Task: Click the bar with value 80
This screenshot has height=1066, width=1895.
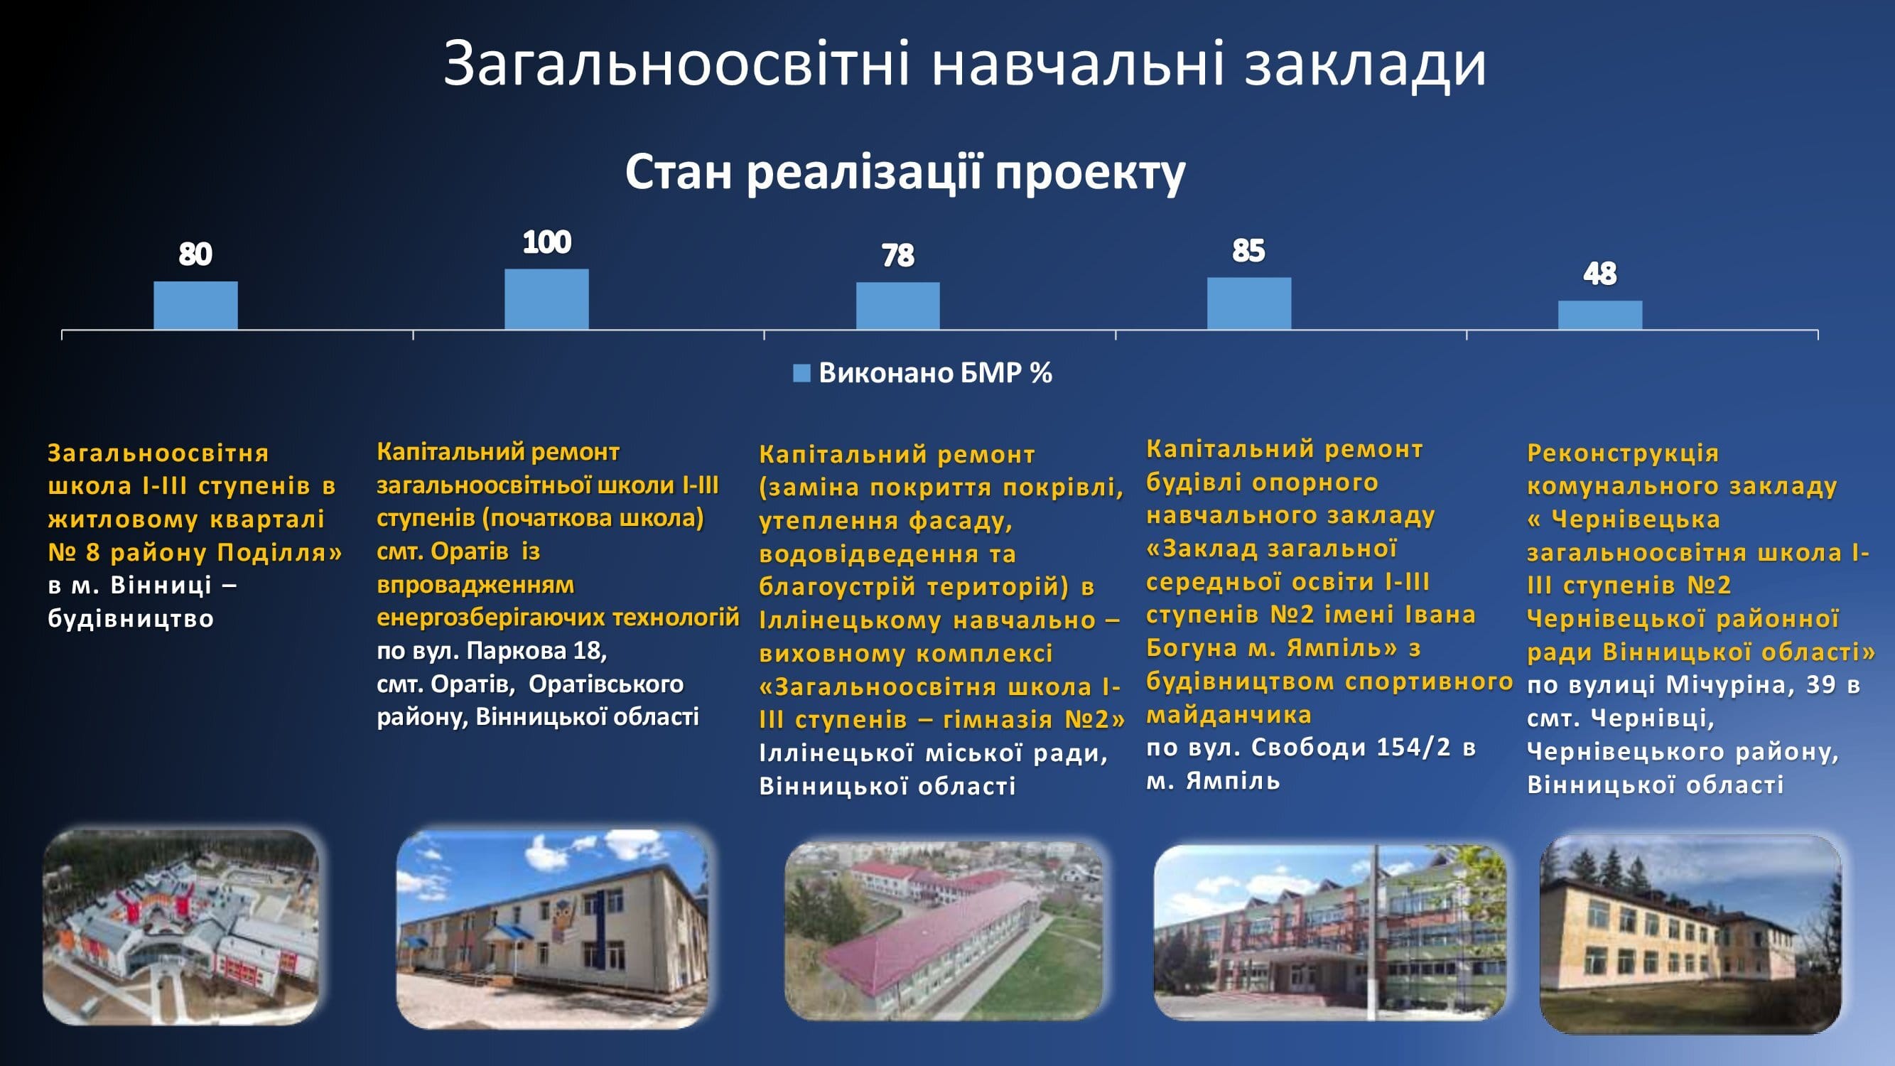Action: pyautogui.click(x=195, y=306)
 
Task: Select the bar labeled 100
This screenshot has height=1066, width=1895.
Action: pyautogui.click(x=546, y=299)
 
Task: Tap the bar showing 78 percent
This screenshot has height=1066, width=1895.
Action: pyautogui.click(x=897, y=306)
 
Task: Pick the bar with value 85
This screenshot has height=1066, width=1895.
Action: pyautogui.click(x=1249, y=304)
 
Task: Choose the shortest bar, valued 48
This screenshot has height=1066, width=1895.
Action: pyautogui.click(x=1600, y=315)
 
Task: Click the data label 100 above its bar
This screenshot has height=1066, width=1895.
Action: pyautogui.click(x=546, y=242)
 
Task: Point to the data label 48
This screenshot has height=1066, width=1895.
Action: pyautogui.click(x=1600, y=274)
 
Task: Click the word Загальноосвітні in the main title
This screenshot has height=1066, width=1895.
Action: pyautogui.click(x=678, y=63)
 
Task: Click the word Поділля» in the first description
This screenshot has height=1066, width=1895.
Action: pyautogui.click(x=279, y=552)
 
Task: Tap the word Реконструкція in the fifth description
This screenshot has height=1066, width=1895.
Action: pyautogui.click(x=1623, y=453)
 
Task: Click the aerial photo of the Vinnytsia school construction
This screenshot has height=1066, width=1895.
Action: pyautogui.click(x=181, y=927)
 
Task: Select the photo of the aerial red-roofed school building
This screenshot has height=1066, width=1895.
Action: pyautogui.click(x=944, y=931)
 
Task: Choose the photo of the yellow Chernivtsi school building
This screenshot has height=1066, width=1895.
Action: pyautogui.click(x=1690, y=935)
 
